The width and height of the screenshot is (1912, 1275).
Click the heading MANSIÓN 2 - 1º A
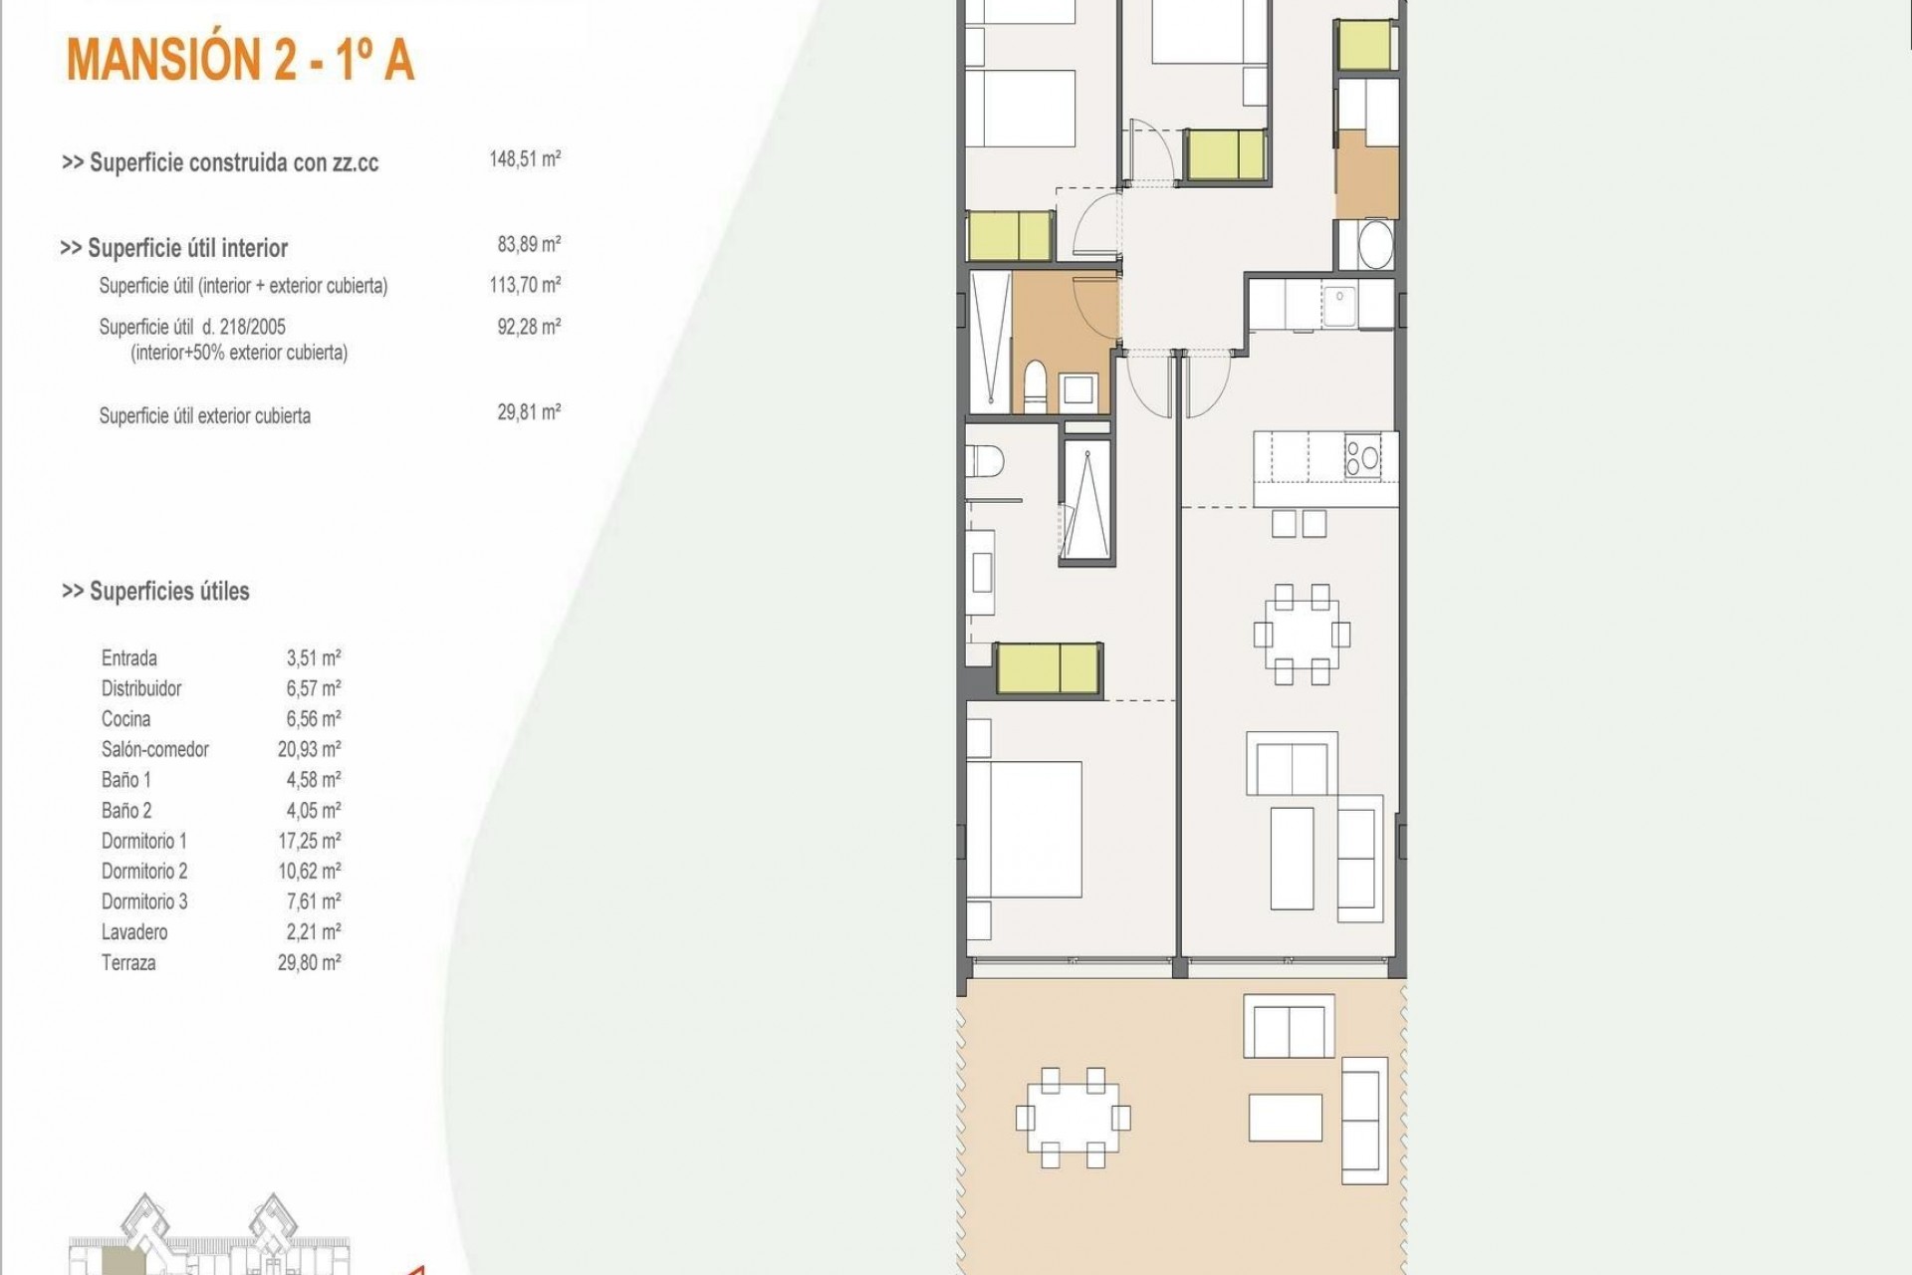point(240,60)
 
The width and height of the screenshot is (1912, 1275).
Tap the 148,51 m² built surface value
point(525,159)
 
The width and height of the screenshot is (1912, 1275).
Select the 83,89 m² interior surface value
point(529,244)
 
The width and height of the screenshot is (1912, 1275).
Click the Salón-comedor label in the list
point(154,749)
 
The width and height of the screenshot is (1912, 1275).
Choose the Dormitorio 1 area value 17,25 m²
point(310,841)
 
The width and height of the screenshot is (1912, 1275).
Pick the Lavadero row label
point(134,932)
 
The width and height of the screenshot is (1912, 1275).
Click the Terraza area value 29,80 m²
point(310,963)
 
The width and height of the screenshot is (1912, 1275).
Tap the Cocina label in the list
point(126,719)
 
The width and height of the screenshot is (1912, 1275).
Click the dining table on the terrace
point(1073,1118)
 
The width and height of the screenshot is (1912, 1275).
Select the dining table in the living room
point(1302,634)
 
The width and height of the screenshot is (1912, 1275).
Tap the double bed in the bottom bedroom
point(1025,830)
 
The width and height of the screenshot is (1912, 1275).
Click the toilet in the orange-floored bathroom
point(1036,388)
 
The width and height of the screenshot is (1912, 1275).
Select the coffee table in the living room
point(1292,857)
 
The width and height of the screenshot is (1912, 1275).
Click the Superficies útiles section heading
point(155,592)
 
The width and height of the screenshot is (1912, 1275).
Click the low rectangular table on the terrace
point(1286,1117)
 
